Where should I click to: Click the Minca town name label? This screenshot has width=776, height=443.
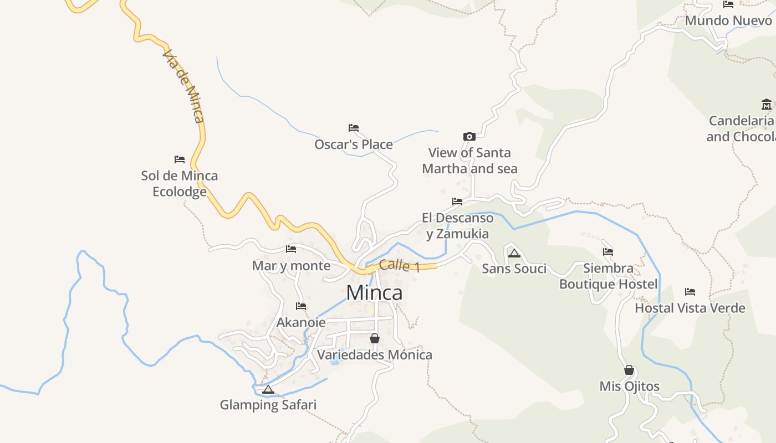click(374, 292)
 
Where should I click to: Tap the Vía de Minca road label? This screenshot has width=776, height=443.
click(183, 86)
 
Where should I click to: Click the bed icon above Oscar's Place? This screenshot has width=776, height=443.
click(354, 128)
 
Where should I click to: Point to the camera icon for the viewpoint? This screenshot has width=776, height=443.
click(469, 136)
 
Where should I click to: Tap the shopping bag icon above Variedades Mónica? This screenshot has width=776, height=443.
click(375, 338)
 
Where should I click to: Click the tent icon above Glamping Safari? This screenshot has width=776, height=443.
click(268, 389)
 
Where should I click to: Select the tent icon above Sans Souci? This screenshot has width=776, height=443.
click(514, 253)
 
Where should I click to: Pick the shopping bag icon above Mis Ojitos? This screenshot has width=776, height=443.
click(629, 369)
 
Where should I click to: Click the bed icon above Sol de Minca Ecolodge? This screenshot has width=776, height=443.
click(180, 159)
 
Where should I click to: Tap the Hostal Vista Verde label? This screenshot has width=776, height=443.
click(690, 308)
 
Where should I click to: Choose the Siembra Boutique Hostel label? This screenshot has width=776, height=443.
click(608, 276)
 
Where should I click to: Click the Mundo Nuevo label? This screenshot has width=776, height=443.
click(728, 20)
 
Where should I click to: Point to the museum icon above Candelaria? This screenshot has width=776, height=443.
click(767, 104)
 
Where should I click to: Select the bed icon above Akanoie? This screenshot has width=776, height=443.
click(301, 306)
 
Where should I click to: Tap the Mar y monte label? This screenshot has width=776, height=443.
click(291, 266)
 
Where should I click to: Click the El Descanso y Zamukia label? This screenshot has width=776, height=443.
click(457, 225)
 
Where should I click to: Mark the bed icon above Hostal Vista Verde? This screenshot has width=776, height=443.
click(690, 291)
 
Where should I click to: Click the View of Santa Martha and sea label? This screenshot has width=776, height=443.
click(469, 161)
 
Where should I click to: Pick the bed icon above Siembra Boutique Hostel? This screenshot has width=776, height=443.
click(608, 252)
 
